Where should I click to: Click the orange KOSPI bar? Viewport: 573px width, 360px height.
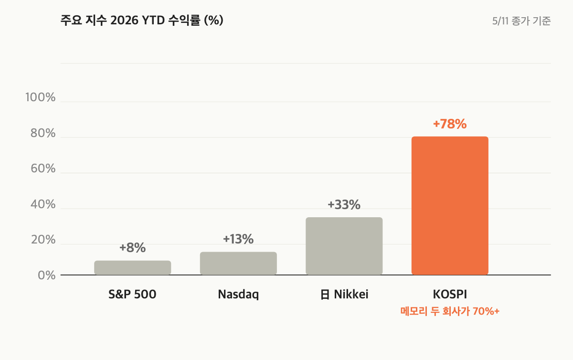click(450, 206)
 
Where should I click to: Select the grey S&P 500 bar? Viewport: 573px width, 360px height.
click(133, 268)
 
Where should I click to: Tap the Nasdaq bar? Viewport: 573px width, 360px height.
click(238, 264)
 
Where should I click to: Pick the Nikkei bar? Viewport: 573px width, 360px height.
click(344, 246)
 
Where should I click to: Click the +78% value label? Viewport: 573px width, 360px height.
click(450, 124)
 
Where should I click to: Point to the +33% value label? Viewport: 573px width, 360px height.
click(344, 205)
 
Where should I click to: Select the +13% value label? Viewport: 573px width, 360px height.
click(238, 239)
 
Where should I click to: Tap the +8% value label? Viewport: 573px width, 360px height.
click(133, 248)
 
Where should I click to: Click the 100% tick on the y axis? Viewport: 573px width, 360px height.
click(41, 97)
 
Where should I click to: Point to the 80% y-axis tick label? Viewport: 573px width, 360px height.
click(43, 133)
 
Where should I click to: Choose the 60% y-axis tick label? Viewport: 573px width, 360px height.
click(43, 169)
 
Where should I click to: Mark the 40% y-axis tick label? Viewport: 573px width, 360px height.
click(43, 204)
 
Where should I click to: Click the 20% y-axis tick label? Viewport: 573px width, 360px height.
click(43, 240)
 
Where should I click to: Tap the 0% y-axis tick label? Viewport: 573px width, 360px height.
click(47, 275)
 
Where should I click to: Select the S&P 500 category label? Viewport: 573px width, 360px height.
click(132, 294)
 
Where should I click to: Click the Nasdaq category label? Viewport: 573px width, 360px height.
click(238, 295)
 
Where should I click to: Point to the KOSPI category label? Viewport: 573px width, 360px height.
click(450, 294)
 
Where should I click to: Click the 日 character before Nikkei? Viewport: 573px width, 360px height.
click(325, 295)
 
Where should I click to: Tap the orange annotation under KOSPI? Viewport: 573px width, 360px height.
click(450, 311)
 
